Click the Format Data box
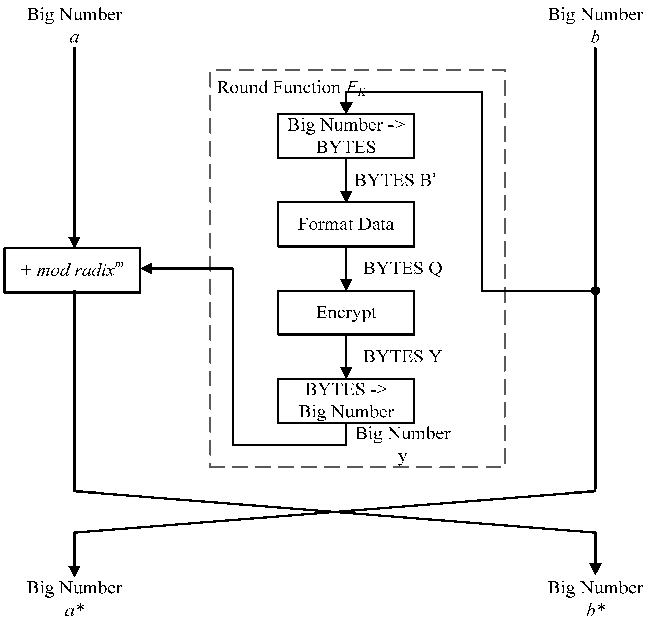(346, 224)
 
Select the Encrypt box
(346, 312)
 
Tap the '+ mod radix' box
(72, 270)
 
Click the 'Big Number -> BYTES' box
(346, 136)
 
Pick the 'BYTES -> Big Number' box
(346, 401)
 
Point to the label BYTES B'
(395, 180)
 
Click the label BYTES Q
(402, 268)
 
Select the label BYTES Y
(402, 356)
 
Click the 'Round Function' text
(278, 88)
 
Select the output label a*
(74, 611)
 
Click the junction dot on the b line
(595, 291)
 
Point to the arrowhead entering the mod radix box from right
(147, 268)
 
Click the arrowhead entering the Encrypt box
(346, 284)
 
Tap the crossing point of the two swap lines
(335, 512)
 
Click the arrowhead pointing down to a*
(74, 571)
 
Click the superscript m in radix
(120, 264)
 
